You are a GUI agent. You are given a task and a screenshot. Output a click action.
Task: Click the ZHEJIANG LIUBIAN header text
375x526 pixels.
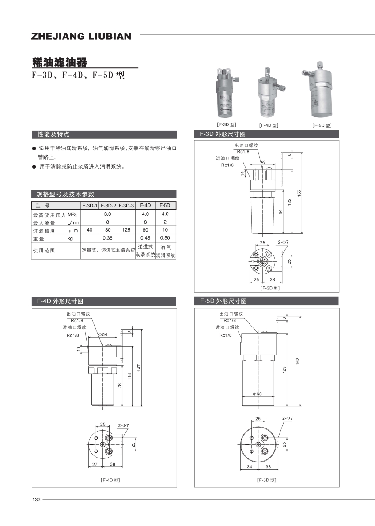[x=81, y=36]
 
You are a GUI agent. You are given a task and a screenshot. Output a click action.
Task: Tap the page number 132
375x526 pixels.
[x=36, y=500]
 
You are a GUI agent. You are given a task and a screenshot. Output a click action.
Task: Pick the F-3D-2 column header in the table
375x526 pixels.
[x=108, y=206]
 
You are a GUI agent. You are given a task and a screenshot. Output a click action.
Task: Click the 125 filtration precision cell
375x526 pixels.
[x=126, y=230]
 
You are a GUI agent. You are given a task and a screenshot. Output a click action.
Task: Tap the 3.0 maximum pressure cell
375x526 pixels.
[x=107, y=214]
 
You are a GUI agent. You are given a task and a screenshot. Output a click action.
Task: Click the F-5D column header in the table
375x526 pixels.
[x=165, y=206]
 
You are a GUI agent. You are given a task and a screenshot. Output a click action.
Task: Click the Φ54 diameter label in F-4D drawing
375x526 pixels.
[x=102, y=335]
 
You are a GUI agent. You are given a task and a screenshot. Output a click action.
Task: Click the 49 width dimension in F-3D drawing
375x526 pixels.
[x=263, y=162]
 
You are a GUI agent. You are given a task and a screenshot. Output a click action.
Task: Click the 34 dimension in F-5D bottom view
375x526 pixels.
[x=249, y=467]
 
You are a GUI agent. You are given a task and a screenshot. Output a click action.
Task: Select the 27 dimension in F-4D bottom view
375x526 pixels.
[x=95, y=465]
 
